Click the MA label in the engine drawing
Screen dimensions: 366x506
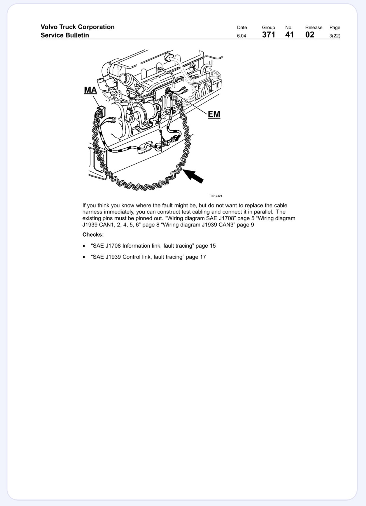pos(90,90)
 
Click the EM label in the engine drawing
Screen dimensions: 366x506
pos(214,114)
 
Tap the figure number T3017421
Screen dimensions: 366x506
pos(215,196)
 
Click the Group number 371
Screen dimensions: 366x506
pos(269,35)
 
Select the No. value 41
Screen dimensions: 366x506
pos(289,35)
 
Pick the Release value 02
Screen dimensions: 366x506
pos(310,35)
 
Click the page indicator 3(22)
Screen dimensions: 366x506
pos(335,36)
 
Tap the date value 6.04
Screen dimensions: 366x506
pos(242,36)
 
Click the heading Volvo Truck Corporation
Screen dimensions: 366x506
pos(78,27)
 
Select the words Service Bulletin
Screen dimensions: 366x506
pos(65,35)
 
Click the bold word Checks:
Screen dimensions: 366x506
pos(93,235)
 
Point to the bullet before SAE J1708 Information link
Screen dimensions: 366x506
pos(84,246)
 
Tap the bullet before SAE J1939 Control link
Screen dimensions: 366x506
pos(84,257)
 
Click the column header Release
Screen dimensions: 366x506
pos(314,27)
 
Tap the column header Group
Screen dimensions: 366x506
pos(268,27)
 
